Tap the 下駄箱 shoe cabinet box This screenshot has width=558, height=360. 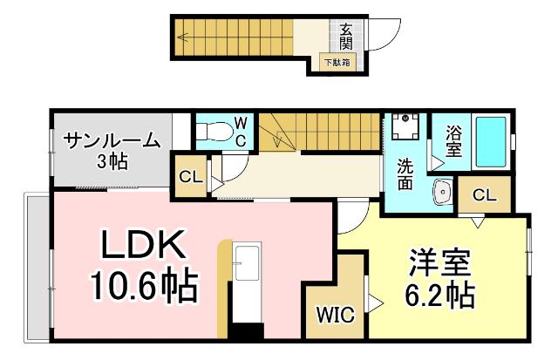point(338,63)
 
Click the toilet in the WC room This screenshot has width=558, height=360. point(212,132)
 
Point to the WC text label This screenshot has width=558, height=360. point(242,131)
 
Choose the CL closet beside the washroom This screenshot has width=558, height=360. point(485,195)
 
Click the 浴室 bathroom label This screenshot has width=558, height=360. point(454,141)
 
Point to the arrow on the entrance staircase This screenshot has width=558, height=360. point(185,37)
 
